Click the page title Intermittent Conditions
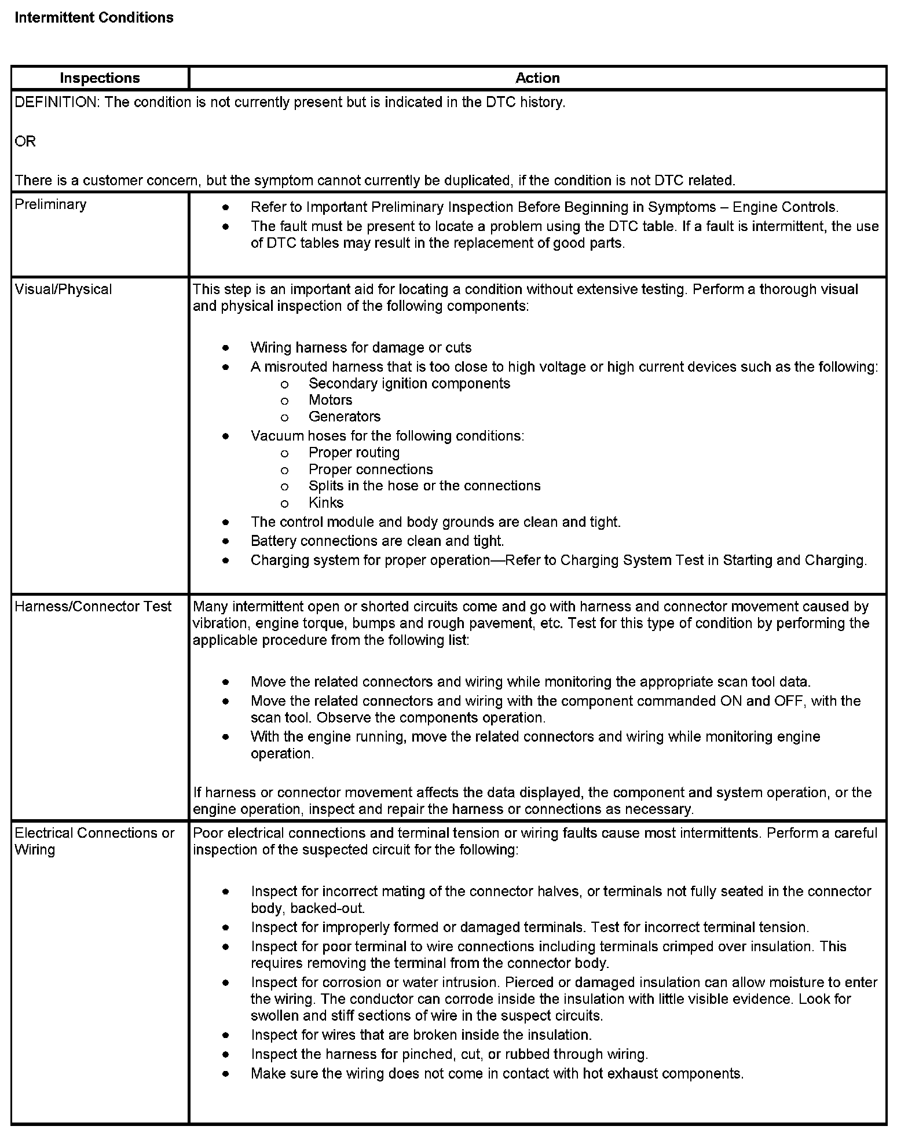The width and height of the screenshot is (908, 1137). [94, 18]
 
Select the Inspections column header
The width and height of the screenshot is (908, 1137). [100, 78]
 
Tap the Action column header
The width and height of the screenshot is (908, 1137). [537, 78]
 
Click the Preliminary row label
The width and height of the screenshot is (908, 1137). [50, 204]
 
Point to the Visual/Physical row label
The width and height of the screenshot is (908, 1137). [63, 289]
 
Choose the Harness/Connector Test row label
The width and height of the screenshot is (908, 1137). [93, 606]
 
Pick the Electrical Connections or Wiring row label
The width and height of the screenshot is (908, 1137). [94, 841]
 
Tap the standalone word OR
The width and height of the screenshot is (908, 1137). [25, 141]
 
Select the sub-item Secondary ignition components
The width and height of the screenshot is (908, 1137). [409, 383]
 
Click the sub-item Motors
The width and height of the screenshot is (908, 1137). [330, 400]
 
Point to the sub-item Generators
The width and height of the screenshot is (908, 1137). [344, 416]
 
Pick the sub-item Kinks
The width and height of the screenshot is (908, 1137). [326, 503]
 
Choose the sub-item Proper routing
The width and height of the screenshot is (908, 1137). [354, 452]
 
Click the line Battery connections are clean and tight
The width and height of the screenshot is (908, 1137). [377, 541]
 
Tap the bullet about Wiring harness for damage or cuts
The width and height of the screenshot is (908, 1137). [361, 347]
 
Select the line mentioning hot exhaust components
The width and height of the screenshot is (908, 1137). [497, 1073]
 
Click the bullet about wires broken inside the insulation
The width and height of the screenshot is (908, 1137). [421, 1035]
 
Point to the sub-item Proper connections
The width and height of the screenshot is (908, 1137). [371, 469]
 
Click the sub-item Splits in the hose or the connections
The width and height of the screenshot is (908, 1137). [424, 486]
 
